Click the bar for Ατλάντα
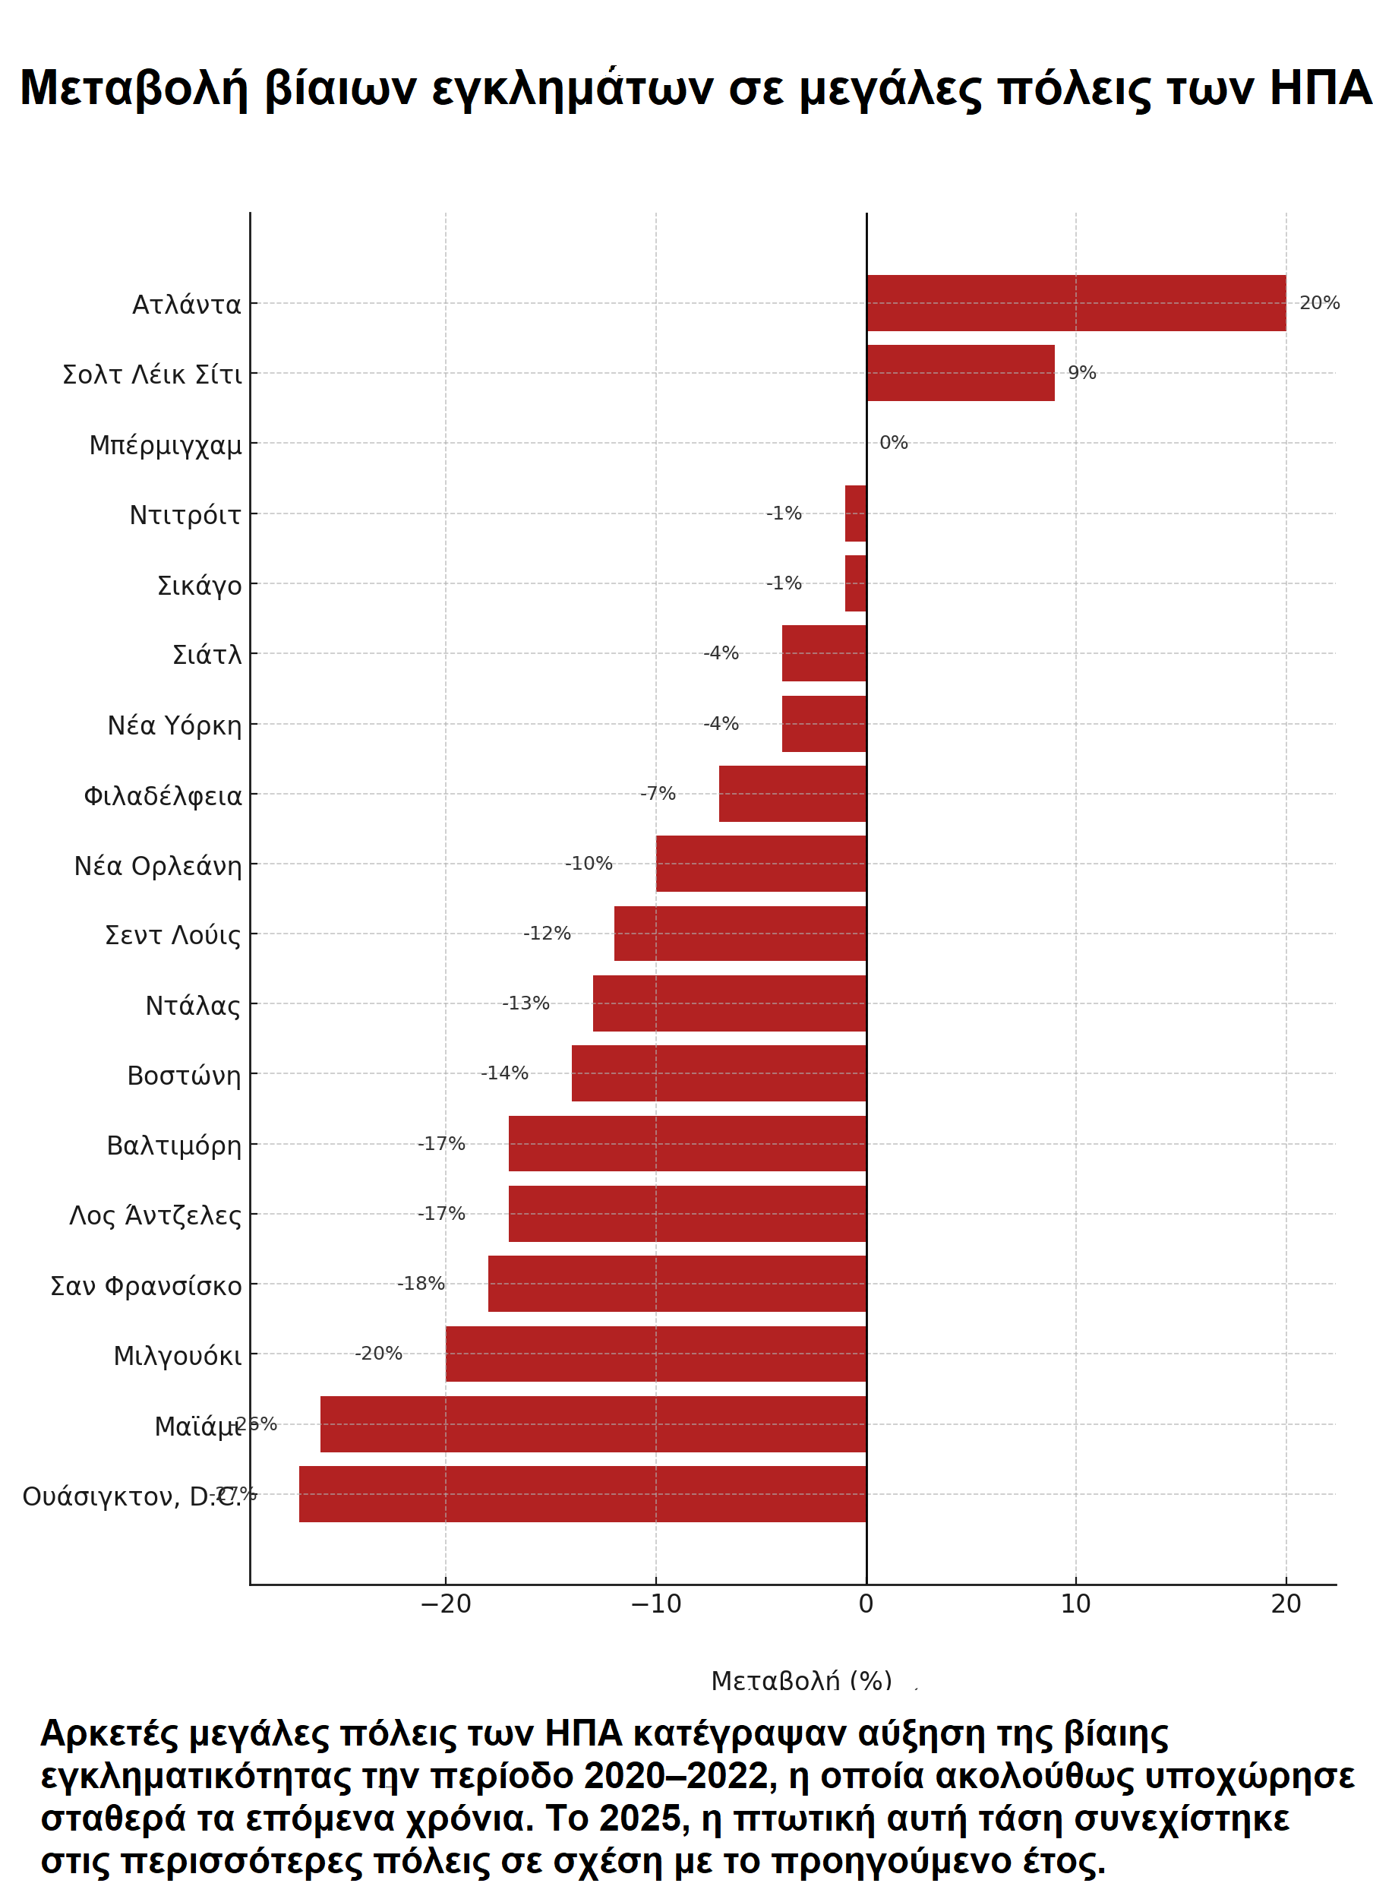click(x=1076, y=303)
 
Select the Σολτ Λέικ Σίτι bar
click(x=960, y=373)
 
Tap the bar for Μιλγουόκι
click(x=655, y=1354)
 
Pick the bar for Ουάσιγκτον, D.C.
click(x=582, y=1493)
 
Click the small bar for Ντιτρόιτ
click(x=855, y=513)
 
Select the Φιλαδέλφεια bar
click(x=792, y=794)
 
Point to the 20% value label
click(x=1318, y=303)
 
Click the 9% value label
click(x=1081, y=373)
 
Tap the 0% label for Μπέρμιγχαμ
click(x=893, y=443)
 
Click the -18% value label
click(x=420, y=1284)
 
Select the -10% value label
click(x=589, y=863)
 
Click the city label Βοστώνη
click(x=183, y=1075)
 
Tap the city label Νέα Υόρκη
click(x=174, y=725)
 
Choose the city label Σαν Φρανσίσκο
click(x=146, y=1285)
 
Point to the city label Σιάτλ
click(x=207, y=654)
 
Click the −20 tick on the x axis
click(x=445, y=1604)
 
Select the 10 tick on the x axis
click(x=1076, y=1604)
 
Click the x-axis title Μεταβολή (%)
click(x=801, y=1680)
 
